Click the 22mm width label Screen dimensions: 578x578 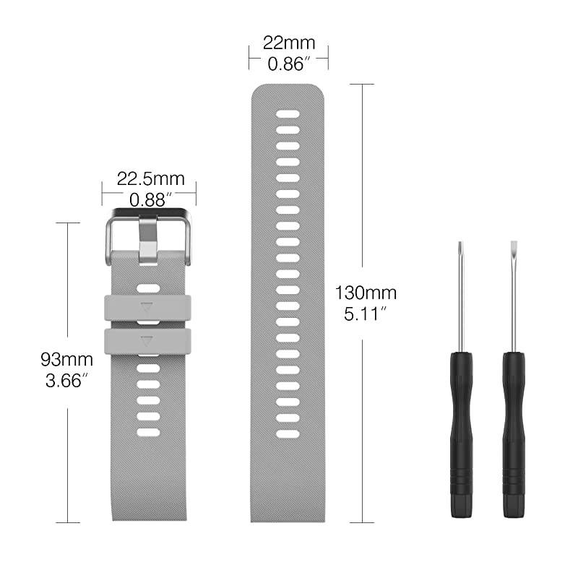coord(288,43)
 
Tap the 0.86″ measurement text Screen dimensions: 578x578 coord(288,64)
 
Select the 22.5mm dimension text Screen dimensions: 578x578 coord(150,178)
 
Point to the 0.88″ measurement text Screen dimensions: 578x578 coord(150,199)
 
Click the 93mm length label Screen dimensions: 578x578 coord(66,358)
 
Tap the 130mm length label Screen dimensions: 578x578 coord(366,293)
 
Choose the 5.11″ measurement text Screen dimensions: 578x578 coord(366,314)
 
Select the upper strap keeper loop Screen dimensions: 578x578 coord(147,306)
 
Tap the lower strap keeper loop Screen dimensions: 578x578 coord(147,341)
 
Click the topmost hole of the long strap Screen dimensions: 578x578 coord(288,113)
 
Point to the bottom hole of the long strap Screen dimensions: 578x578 coord(288,434)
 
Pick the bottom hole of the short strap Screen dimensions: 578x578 coord(148,432)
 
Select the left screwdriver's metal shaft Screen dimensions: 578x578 coord(462,303)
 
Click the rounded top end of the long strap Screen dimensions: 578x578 coord(288,90)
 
